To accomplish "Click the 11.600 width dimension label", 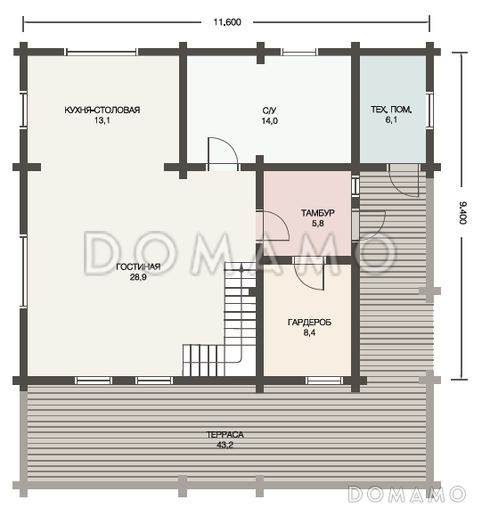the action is [227, 22].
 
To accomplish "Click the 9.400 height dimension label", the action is [462, 212].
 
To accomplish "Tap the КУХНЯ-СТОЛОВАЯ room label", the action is [102, 110].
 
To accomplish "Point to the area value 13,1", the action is [102, 120].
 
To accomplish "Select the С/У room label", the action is [269, 111].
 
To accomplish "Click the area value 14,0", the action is [269, 121].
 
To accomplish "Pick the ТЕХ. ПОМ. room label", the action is [391, 110].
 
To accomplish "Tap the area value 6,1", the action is [391, 120].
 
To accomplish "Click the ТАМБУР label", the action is [317, 213].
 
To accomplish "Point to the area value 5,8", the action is [317, 223].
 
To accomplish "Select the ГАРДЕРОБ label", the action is [309, 323].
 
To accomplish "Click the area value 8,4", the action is [309, 332].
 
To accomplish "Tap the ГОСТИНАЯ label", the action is [138, 266].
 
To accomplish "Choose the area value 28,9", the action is [138, 277].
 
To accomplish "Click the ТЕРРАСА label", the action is [225, 434].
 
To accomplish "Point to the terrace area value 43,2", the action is [225, 445].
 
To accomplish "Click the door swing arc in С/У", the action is [231, 143].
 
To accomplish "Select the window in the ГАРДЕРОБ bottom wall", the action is [324, 381].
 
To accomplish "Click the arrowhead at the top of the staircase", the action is [241, 268].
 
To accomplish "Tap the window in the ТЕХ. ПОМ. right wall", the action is [429, 111].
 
